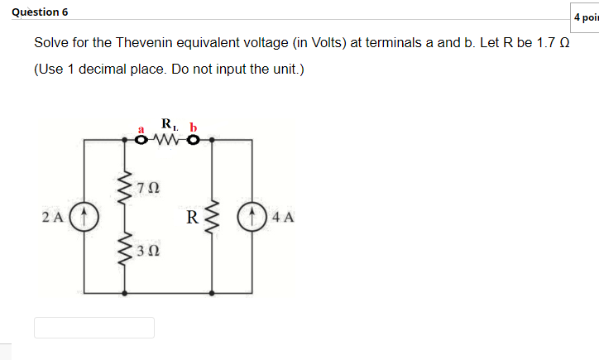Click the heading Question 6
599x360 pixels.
pos(41,12)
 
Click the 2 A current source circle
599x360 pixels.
pos(84,218)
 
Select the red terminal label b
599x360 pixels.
pos(194,127)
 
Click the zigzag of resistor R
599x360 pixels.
pos(213,218)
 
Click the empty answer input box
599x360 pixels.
pos(93,328)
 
